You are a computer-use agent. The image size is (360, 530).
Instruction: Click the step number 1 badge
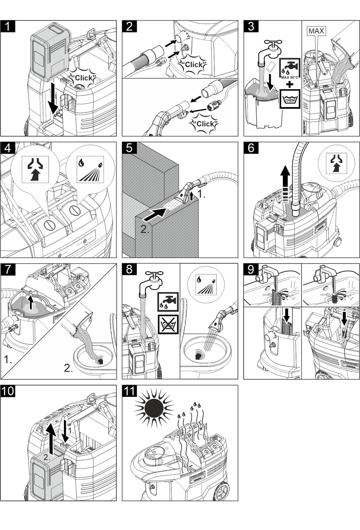click(x=8, y=26)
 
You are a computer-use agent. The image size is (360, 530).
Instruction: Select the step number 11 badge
click(x=129, y=391)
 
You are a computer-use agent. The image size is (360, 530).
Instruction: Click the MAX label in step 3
click(x=316, y=31)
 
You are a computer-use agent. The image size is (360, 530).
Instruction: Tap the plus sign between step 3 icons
click(x=290, y=84)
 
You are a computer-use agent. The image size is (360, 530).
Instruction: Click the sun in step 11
click(x=153, y=408)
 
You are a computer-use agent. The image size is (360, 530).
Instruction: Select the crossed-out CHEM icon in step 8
click(x=168, y=324)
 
